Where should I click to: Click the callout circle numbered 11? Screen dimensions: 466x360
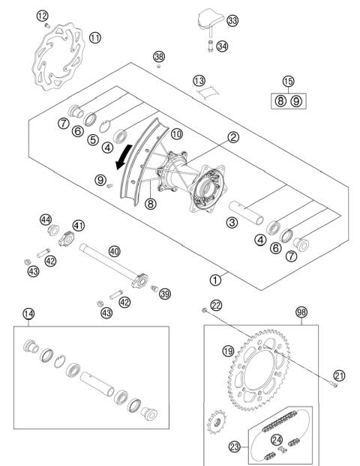tap(94, 37)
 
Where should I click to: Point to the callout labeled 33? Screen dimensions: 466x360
tap(232, 21)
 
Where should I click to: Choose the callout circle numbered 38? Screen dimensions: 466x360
tap(158, 56)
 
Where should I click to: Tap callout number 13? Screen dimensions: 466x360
tap(198, 80)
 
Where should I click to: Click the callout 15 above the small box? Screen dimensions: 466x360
tap(289, 81)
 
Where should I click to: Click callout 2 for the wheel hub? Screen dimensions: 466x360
tap(213, 137)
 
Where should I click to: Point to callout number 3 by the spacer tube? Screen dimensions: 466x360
tap(232, 222)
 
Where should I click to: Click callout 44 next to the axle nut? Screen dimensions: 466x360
tap(46, 219)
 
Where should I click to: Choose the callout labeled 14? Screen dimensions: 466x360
tap(29, 314)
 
